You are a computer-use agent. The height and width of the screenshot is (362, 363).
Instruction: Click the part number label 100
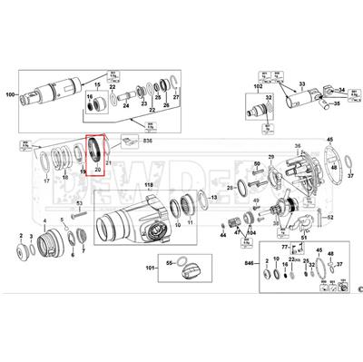pos(10,94)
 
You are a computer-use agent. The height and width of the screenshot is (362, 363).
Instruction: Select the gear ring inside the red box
pos(97,150)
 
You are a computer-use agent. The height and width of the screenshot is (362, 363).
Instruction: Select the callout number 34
pos(341,90)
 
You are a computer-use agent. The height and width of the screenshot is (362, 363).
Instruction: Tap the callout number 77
pos(284,246)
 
